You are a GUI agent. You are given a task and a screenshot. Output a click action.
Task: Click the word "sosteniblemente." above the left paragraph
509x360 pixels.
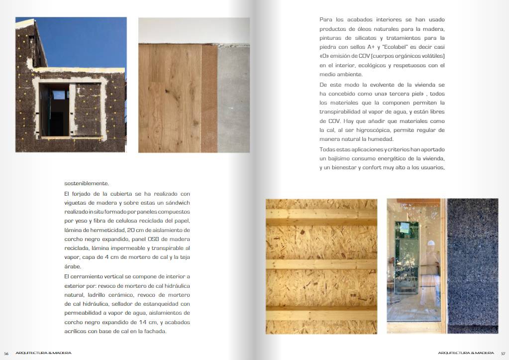[87, 183]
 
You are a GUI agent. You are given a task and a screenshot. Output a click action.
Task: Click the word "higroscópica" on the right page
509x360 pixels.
[376, 130]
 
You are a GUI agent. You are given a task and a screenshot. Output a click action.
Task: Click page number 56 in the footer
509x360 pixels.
[6, 353]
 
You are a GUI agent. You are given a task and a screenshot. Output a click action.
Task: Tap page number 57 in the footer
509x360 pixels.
[503, 353]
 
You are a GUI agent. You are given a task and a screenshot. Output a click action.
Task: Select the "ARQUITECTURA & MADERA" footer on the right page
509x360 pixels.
[466, 353]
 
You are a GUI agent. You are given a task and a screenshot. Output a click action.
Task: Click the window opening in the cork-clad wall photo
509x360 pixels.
[54, 110]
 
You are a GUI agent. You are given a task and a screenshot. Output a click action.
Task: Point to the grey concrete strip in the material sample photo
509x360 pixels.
[233, 100]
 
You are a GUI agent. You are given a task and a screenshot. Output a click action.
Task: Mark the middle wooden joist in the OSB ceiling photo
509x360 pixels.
[321, 267]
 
